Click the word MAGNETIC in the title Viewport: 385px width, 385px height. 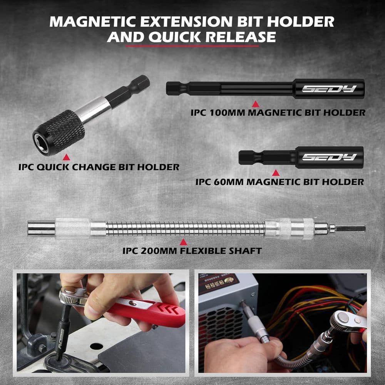pyautogui.click(x=94, y=22)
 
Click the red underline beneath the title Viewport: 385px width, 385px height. pyautogui.click(x=192, y=46)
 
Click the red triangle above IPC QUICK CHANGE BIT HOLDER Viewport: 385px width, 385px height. pyautogui.click(x=66, y=157)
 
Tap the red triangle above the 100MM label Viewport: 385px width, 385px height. pyautogui.click(x=254, y=104)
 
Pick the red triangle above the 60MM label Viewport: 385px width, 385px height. pyautogui.click(x=276, y=172)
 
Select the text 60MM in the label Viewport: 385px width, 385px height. pyautogui.click(x=230, y=182)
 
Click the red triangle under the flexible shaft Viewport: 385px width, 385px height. pyautogui.click(x=184, y=242)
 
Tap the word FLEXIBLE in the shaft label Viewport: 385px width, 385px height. pyautogui.click(x=204, y=251)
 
